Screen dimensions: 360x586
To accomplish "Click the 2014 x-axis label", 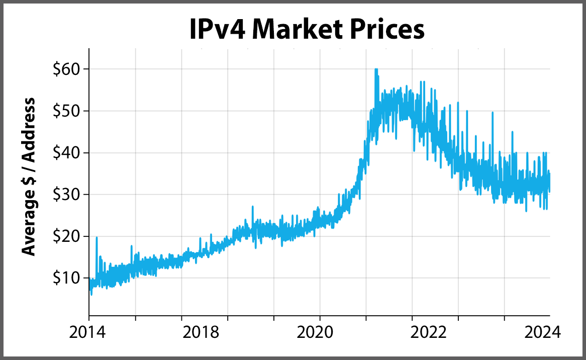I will tap(89, 332).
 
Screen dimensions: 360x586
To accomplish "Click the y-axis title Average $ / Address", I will tap(30, 176).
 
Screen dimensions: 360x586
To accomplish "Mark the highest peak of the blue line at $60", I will tap(376, 69).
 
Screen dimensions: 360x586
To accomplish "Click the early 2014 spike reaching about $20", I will tap(96, 237).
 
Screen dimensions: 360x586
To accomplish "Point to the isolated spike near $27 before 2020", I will tap(252, 207).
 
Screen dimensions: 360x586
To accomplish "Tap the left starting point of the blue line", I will tap(89, 285).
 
